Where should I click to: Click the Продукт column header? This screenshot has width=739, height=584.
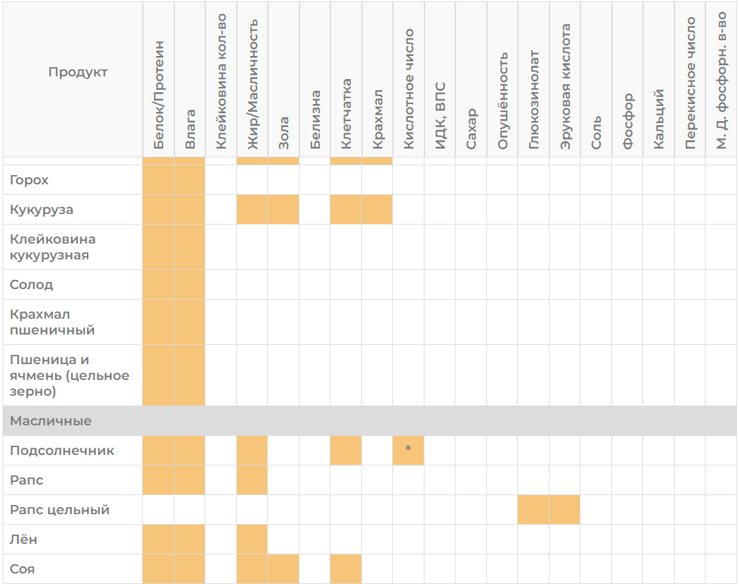click(x=78, y=72)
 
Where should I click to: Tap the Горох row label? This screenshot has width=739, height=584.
click(x=29, y=180)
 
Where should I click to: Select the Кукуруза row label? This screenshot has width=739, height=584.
click(x=41, y=209)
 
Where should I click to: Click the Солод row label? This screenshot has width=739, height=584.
click(x=32, y=284)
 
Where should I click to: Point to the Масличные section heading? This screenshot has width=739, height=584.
click(x=51, y=421)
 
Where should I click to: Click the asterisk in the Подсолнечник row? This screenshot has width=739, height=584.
click(x=408, y=448)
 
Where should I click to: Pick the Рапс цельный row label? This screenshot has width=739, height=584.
click(x=60, y=510)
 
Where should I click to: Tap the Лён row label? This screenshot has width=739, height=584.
click(x=24, y=539)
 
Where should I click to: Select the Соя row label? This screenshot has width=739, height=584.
click(x=22, y=569)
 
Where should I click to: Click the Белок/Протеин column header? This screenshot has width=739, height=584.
click(x=159, y=95)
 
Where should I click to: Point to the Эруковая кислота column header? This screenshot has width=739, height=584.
click(x=565, y=87)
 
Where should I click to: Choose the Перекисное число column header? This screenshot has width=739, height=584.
click(x=690, y=83)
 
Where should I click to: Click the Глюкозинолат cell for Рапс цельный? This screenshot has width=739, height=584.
click(x=534, y=510)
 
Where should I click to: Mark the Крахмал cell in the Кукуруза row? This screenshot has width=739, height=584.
click(x=377, y=209)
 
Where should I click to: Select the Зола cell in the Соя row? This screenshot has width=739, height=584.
click(x=283, y=569)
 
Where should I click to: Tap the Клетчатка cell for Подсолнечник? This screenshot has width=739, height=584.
click(x=346, y=450)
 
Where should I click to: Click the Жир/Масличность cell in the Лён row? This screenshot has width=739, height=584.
click(x=252, y=539)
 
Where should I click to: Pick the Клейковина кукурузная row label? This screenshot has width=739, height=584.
click(x=53, y=247)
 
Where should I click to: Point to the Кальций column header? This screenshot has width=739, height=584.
click(x=659, y=119)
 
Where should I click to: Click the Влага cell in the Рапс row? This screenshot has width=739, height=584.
click(x=190, y=480)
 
